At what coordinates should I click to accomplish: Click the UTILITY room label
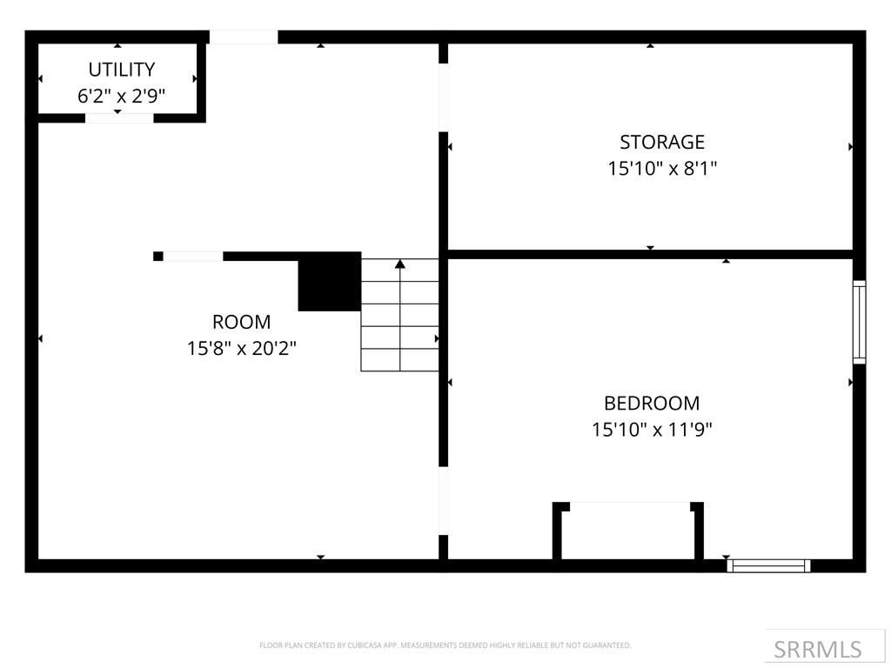pos(121,70)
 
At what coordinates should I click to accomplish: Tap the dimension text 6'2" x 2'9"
pos(121,96)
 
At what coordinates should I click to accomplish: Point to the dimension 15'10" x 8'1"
pos(661,168)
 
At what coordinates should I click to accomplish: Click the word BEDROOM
pos(652,404)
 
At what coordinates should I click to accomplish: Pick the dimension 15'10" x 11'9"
pos(652,430)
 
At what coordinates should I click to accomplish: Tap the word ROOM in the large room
pos(241,322)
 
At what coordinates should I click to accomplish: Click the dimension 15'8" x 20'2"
pos(241,349)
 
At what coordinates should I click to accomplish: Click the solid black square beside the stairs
pos(330,282)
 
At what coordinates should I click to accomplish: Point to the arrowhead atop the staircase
pos(400,264)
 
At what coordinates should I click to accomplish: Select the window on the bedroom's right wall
pos(859,321)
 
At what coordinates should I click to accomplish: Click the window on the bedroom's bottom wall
pos(768,565)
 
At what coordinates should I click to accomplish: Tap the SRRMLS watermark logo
pos(817,649)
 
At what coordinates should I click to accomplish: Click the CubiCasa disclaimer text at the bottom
pos(445,645)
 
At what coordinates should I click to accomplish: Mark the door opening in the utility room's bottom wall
pos(119,117)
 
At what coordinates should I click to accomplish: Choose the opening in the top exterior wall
pos(244,37)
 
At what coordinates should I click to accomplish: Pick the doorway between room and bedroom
pos(443,501)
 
